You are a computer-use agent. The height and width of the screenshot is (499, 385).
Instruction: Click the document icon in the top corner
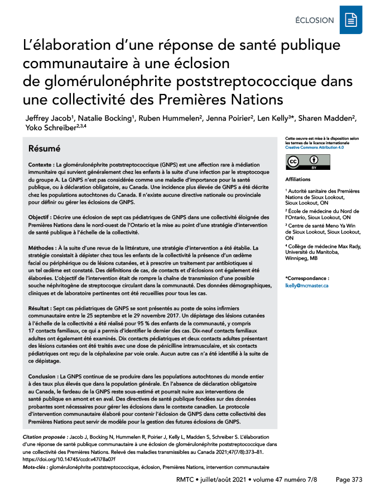click(351, 20)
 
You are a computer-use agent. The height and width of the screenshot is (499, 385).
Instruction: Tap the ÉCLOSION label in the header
click(315, 21)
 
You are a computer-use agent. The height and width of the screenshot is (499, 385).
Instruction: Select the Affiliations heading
click(299, 179)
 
